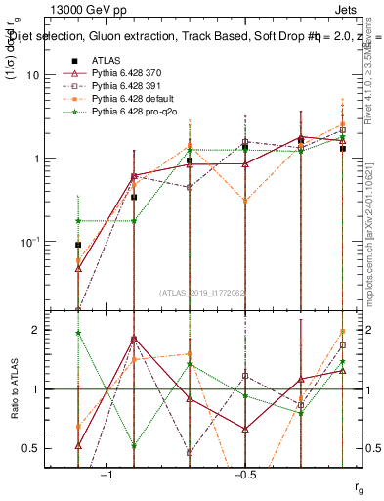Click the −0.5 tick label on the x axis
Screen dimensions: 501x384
coord(244,475)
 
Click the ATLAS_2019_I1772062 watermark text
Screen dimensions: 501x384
coord(202,293)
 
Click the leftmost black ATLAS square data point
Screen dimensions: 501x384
coord(78,245)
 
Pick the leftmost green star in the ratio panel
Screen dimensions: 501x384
coord(78,333)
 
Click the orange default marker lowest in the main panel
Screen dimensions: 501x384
coord(78,260)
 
